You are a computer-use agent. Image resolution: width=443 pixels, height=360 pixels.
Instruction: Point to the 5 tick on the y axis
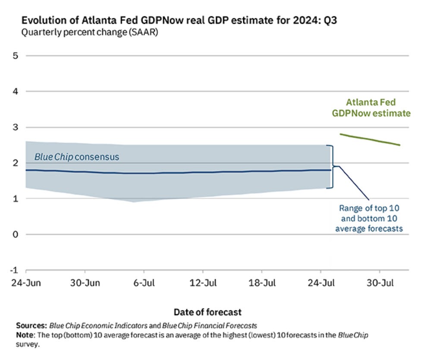[15, 56]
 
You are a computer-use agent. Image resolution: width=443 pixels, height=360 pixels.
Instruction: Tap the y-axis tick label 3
[15, 127]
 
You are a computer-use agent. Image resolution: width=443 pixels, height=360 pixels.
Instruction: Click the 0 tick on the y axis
[15, 234]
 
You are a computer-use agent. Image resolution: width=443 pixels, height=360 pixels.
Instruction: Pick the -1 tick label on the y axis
[14, 270]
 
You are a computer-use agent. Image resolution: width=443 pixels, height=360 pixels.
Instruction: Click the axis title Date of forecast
[207, 312]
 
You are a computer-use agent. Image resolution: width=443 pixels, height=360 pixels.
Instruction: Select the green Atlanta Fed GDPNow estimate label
[371, 108]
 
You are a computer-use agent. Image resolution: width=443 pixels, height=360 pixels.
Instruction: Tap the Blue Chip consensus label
[76, 157]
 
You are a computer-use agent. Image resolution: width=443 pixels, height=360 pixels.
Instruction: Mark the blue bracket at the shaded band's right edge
[333, 167]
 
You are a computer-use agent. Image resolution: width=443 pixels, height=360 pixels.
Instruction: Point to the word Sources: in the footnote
[31, 325]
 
